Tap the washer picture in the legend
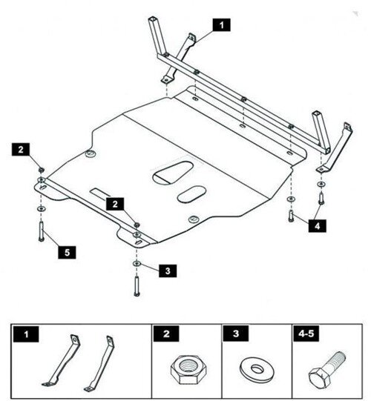pyautogui.click(x=254, y=367)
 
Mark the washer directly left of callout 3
pyautogui.click(x=137, y=264)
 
